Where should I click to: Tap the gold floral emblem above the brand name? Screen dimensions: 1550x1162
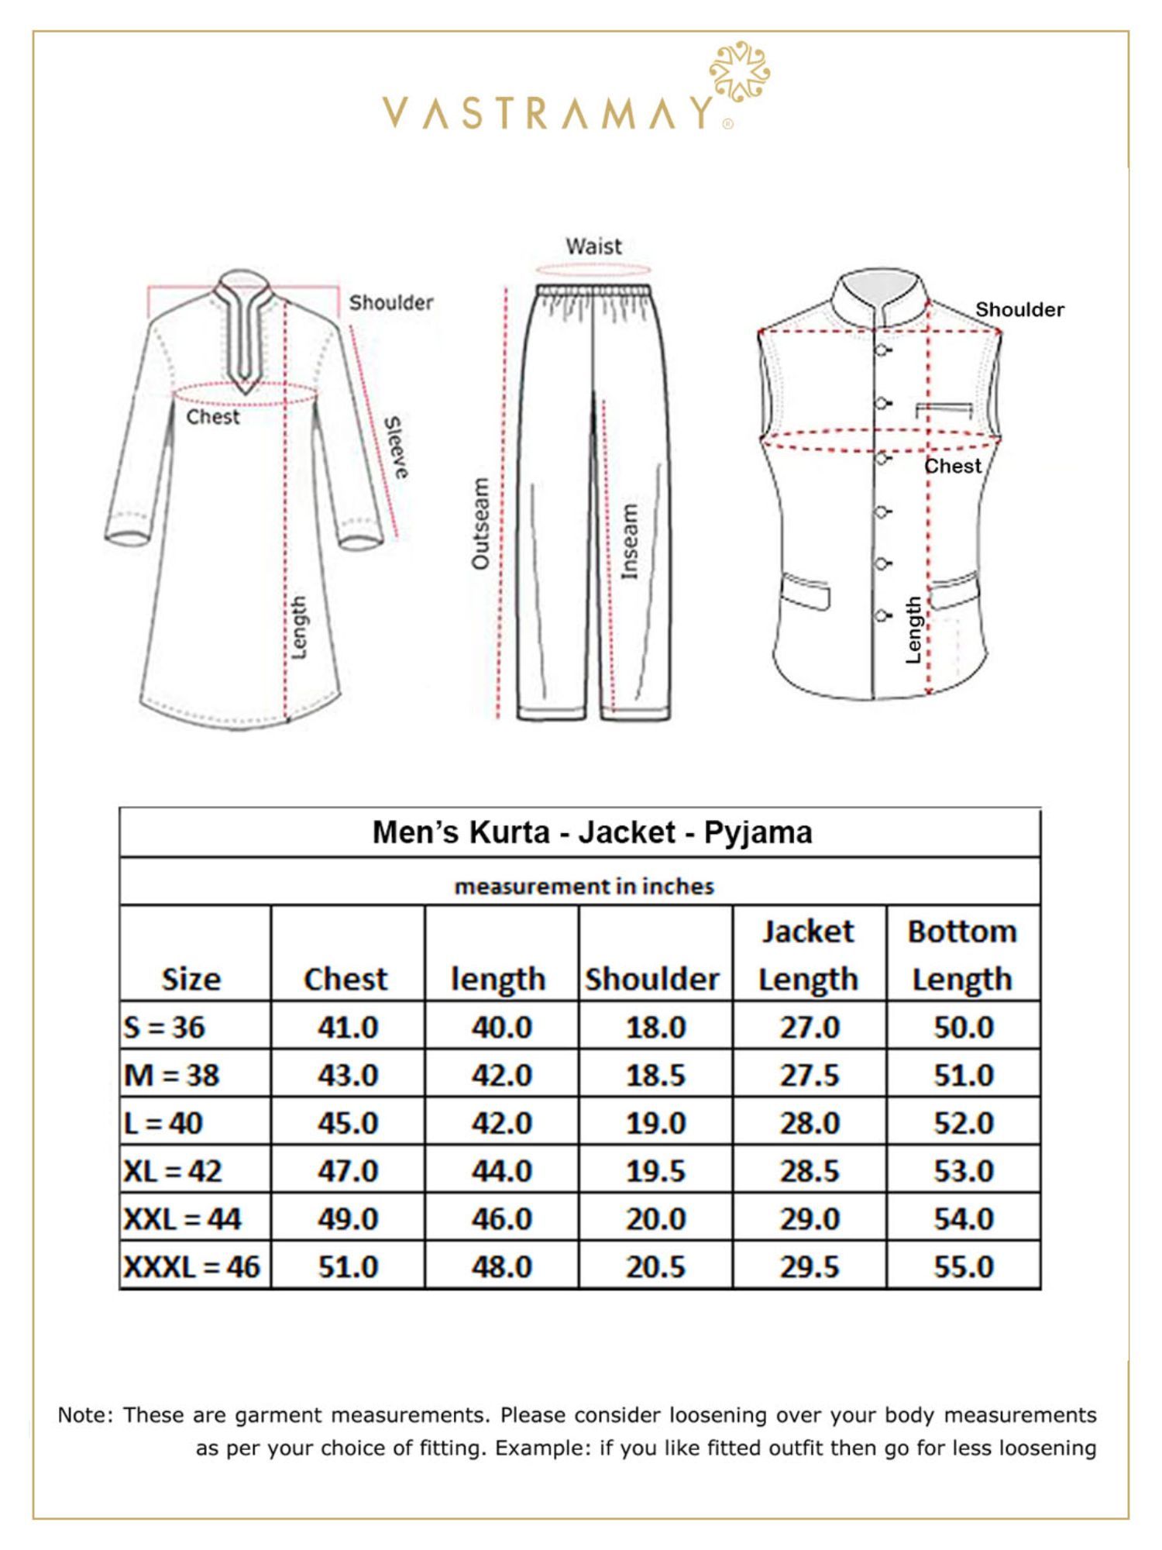point(739,72)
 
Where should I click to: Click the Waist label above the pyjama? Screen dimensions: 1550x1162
point(593,246)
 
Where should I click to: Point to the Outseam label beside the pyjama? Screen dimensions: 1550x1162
point(481,523)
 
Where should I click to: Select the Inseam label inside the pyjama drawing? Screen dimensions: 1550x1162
point(630,540)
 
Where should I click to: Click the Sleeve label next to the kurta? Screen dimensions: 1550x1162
point(396,447)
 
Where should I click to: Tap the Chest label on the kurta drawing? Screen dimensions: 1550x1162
point(213,417)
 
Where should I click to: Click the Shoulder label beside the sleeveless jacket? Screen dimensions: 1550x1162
point(1019,310)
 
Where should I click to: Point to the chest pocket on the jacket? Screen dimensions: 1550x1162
point(944,408)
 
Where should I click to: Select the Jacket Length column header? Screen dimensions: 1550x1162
point(808,955)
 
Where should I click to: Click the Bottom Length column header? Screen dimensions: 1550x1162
point(962,955)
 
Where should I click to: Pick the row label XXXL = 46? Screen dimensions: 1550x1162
point(192,1266)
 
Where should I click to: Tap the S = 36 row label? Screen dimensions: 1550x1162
point(164,1027)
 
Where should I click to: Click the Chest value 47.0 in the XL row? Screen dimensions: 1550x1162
point(348,1170)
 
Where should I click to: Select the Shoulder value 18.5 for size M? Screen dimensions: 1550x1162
point(655,1075)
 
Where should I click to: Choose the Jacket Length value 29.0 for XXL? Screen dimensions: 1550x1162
point(810,1218)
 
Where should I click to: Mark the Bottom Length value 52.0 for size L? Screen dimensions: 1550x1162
point(964,1123)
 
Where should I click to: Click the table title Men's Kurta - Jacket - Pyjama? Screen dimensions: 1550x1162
point(593,832)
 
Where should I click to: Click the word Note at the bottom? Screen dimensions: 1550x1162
point(84,1415)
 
